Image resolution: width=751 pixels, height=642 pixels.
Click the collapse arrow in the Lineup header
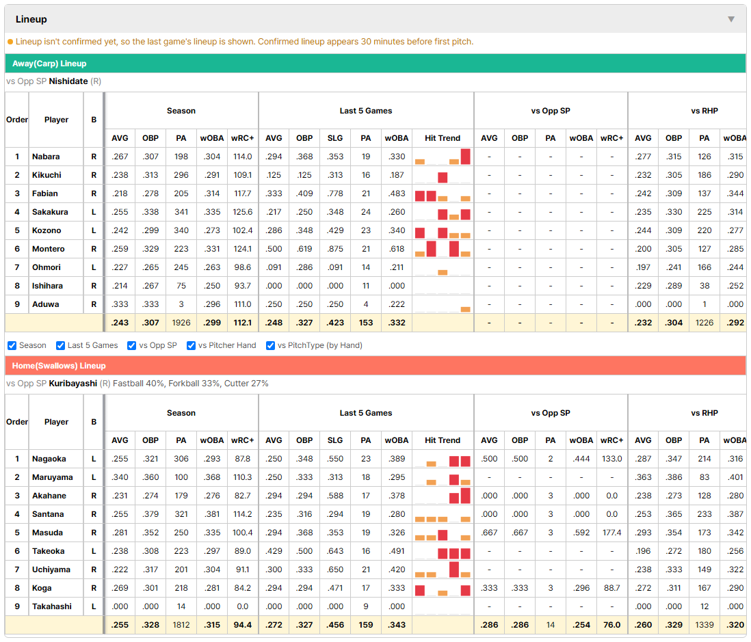click(x=731, y=19)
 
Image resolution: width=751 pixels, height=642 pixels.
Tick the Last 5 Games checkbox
click(x=60, y=346)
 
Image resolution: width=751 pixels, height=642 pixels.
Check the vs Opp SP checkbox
click(x=132, y=346)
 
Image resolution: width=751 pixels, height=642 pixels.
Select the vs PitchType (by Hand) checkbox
click(x=271, y=346)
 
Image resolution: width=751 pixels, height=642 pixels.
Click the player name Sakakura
click(x=50, y=212)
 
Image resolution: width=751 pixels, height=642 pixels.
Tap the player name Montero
click(x=49, y=249)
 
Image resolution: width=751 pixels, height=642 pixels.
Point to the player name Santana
click(x=48, y=514)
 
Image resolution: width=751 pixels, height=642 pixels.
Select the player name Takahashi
click(x=52, y=606)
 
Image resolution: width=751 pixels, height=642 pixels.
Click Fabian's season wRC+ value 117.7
click(x=242, y=193)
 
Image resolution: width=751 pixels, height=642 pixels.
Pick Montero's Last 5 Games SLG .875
click(x=335, y=249)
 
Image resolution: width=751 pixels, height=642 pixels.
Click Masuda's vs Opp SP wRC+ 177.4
click(x=612, y=533)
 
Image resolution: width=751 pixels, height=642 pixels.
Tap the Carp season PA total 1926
click(x=181, y=323)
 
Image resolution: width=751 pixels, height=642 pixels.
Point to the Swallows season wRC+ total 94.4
click(x=242, y=625)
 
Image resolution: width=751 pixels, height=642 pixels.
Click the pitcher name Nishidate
click(x=68, y=81)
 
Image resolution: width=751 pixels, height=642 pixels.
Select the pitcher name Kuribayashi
click(x=73, y=384)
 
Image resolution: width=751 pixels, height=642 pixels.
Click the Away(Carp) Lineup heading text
click(x=49, y=64)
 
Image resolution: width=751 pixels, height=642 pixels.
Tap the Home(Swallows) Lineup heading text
click(x=59, y=366)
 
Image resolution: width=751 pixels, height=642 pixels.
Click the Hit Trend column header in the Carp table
click(x=443, y=138)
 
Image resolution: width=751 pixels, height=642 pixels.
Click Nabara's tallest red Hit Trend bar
click(x=466, y=157)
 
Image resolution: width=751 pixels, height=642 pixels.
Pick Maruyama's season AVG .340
click(x=120, y=477)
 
